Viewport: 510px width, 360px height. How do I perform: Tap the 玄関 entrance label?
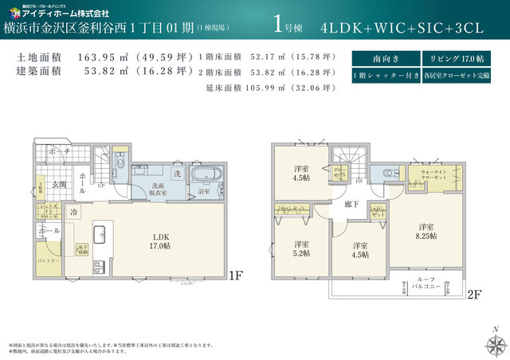60,185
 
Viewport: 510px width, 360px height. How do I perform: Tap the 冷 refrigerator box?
73,213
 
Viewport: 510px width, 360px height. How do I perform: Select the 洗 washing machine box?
177,173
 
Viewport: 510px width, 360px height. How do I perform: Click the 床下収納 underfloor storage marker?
81,249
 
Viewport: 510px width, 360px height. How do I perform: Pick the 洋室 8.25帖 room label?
426,231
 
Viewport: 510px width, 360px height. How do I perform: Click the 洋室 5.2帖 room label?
300,248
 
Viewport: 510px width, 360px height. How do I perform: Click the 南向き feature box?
380,59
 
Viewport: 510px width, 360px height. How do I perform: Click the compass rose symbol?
494,343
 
